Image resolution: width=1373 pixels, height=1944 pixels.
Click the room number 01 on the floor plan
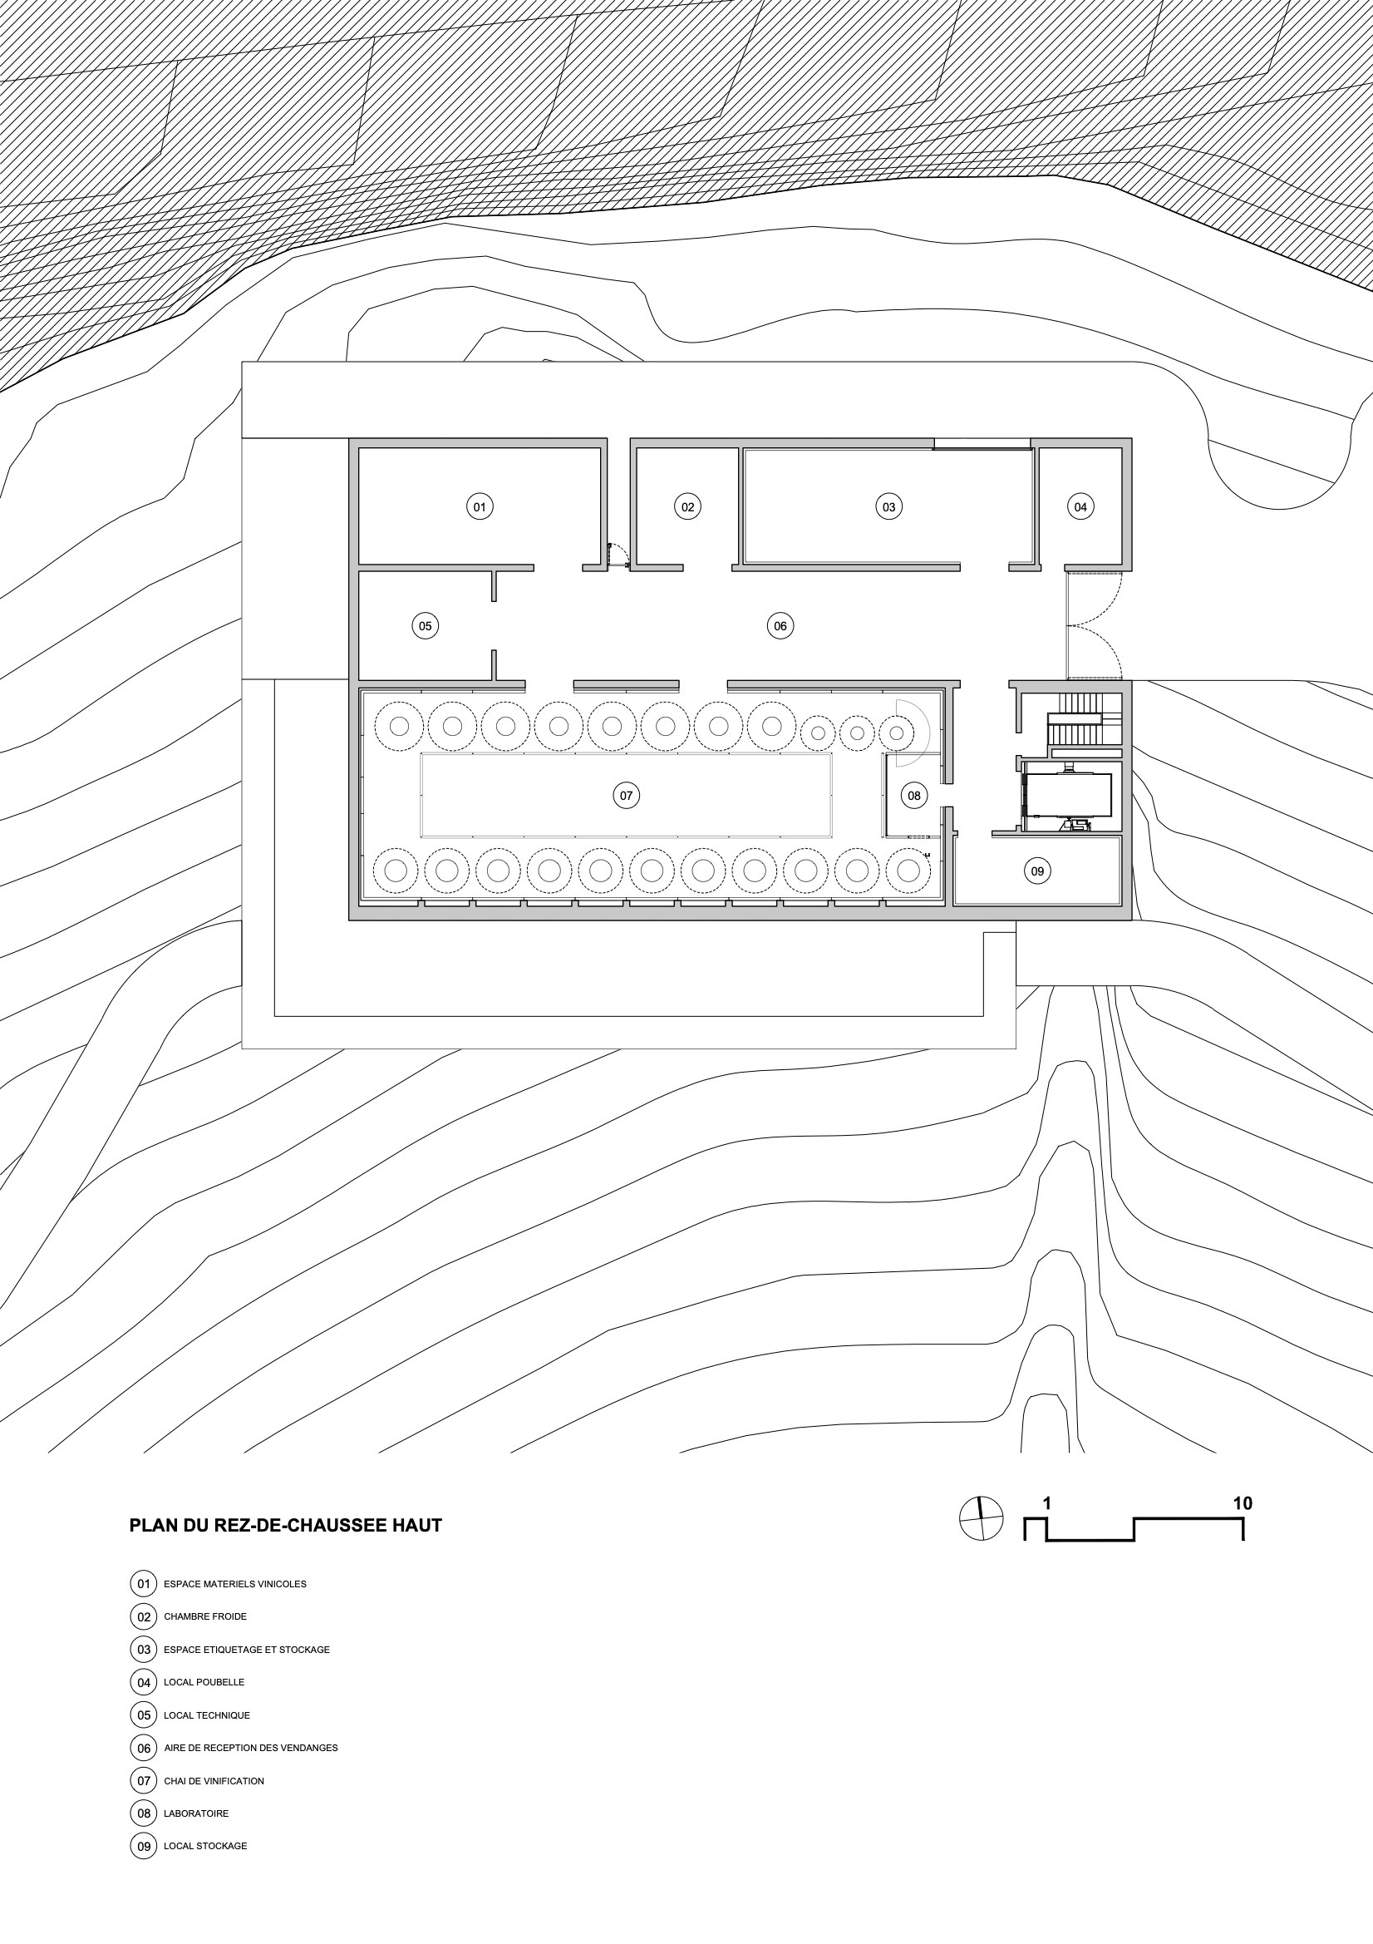click(x=480, y=507)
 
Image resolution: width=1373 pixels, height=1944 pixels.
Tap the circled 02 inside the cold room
click(x=687, y=507)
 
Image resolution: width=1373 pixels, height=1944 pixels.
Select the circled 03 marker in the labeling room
click(x=888, y=507)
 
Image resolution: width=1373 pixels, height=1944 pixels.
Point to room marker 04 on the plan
click(x=1080, y=507)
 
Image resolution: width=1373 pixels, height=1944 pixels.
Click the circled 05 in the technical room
click(x=425, y=627)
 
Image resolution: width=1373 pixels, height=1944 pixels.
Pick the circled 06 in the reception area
click(x=780, y=627)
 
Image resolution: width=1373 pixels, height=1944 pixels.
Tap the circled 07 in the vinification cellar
click(x=627, y=796)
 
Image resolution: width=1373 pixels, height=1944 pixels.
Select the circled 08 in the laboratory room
click(x=914, y=796)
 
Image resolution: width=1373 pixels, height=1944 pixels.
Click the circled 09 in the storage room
click(x=1037, y=871)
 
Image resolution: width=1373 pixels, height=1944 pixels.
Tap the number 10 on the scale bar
click(x=1243, y=1503)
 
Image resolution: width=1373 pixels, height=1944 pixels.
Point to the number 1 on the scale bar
click(x=1047, y=1503)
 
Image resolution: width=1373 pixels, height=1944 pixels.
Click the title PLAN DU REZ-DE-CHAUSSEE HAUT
click(x=285, y=1526)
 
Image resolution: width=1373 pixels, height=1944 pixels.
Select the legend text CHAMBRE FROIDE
click(x=205, y=1616)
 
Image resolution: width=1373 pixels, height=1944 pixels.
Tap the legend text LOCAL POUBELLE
click(x=204, y=1682)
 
